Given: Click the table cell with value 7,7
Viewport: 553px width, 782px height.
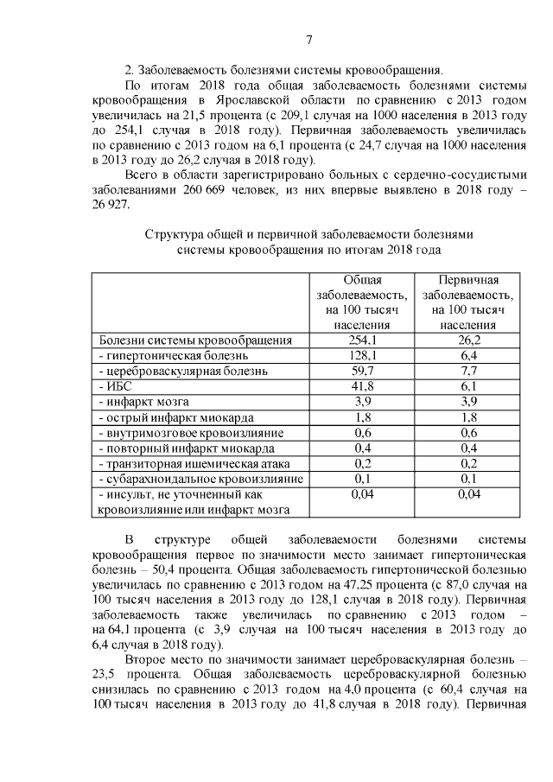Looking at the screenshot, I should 467,371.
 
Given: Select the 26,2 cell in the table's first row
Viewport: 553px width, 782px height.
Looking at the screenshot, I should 467,340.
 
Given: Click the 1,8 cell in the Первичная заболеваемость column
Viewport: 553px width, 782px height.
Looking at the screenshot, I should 467,417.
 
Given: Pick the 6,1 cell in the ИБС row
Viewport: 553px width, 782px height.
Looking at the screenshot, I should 467,386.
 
